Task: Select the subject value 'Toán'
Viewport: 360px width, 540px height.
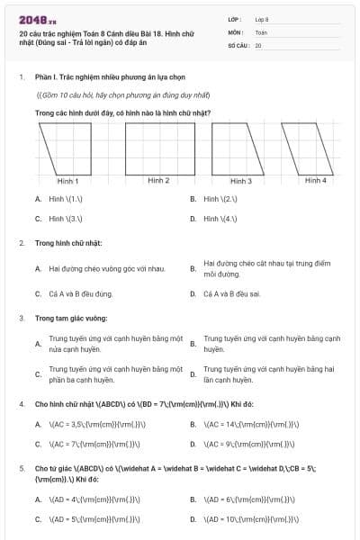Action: click(x=261, y=31)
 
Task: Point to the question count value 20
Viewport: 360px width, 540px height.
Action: click(x=257, y=44)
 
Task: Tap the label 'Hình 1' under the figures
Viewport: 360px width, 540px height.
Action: click(x=67, y=181)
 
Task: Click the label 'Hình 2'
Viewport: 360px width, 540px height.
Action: click(x=158, y=180)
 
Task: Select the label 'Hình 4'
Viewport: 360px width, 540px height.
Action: click(x=315, y=180)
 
